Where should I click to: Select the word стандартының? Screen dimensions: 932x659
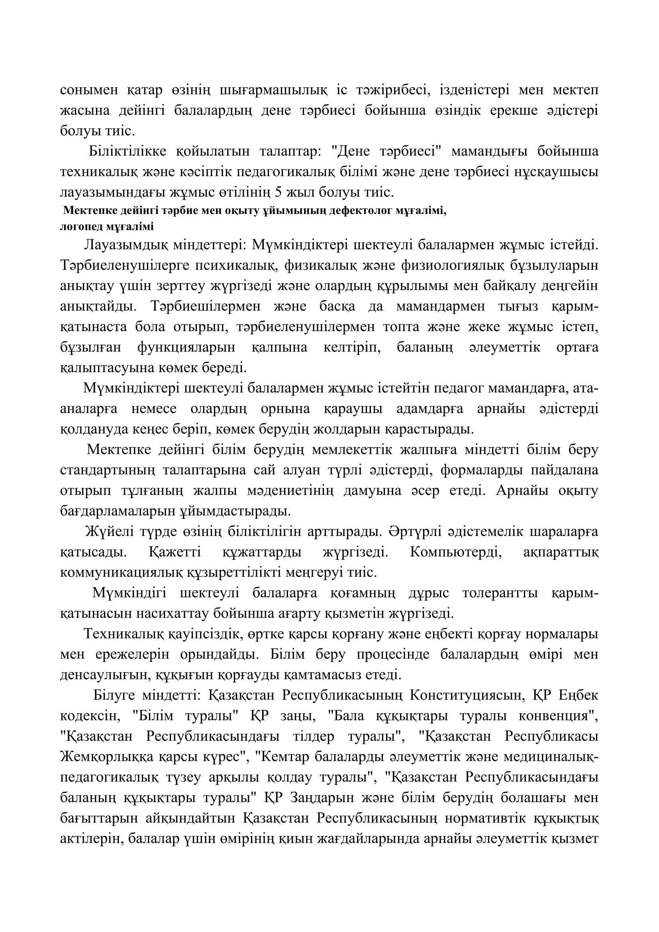pos(108,471)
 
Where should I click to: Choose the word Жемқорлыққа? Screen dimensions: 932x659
pos(108,757)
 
